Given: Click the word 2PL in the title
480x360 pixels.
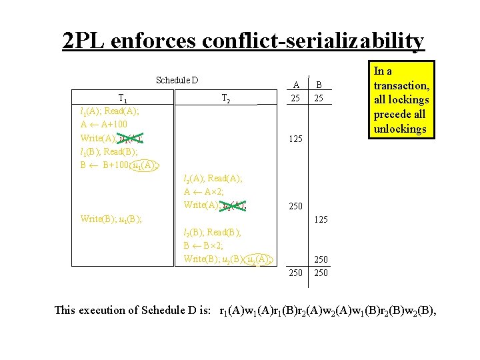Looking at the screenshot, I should pyautogui.click(x=85, y=41).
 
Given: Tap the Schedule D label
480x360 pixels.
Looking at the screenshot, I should pyautogui.click(x=177, y=81).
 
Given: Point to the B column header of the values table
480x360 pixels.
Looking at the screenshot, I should pyautogui.click(x=319, y=85).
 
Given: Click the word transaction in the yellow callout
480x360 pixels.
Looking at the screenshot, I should pyautogui.click(x=401, y=85).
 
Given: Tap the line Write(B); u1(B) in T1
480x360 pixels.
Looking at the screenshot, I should pyautogui.click(x=111, y=219).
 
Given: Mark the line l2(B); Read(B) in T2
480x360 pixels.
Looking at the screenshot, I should pyautogui.click(x=212, y=232).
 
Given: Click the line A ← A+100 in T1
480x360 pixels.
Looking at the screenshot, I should pyautogui.click(x=103, y=125).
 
